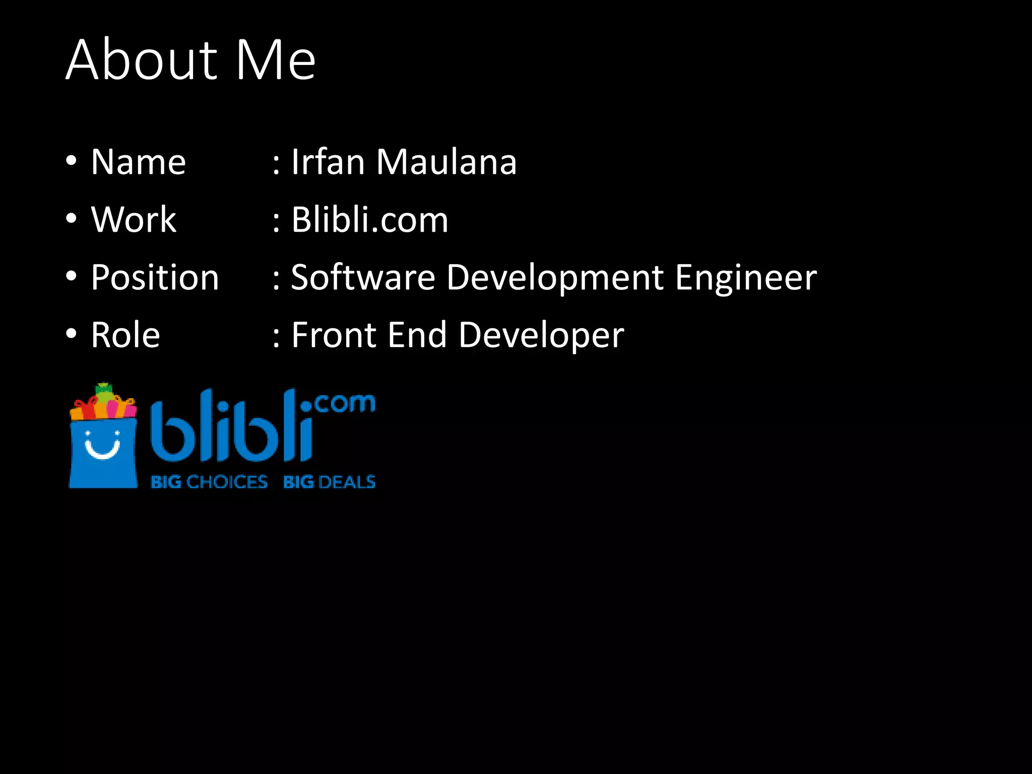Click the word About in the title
coord(142,60)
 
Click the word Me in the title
coord(276,60)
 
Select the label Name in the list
coord(139,162)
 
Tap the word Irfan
coord(328,162)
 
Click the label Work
coord(134,220)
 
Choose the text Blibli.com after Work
coord(370,220)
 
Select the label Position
coord(155,278)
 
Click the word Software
coord(363,278)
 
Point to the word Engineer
coord(746,278)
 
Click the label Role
coord(125,335)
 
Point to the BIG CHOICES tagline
coord(209,482)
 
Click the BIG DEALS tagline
coord(329,482)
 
